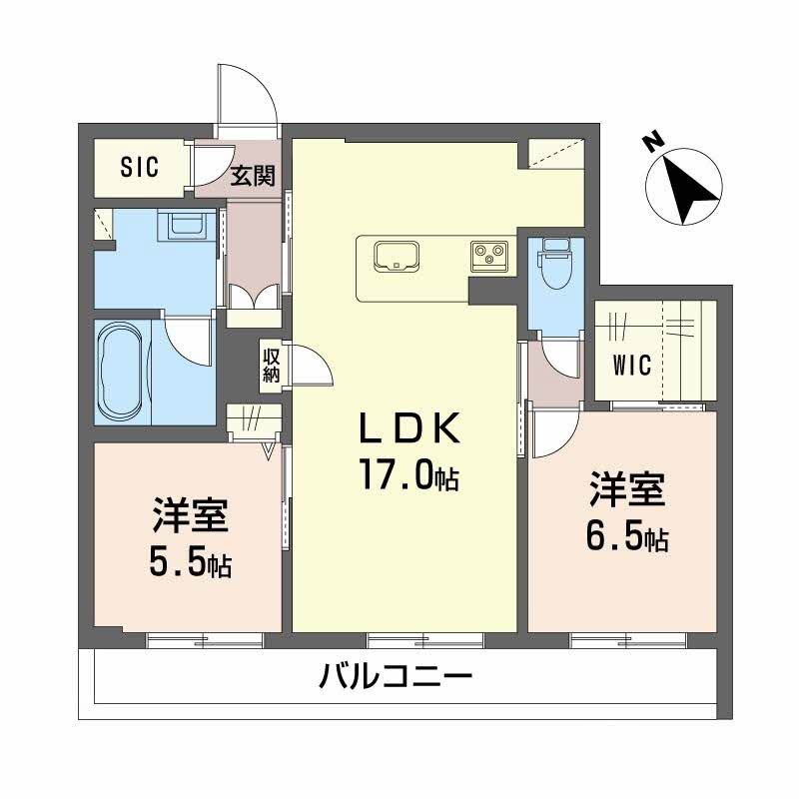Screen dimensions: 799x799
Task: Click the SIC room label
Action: click(140, 168)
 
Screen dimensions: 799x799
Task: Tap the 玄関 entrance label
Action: click(254, 178)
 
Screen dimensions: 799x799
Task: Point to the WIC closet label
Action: click(632, 366)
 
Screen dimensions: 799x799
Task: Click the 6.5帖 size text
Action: click(626, 538)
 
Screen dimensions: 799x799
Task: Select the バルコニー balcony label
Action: click(396, 679)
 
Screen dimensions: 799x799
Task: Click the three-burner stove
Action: click(489, 256)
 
